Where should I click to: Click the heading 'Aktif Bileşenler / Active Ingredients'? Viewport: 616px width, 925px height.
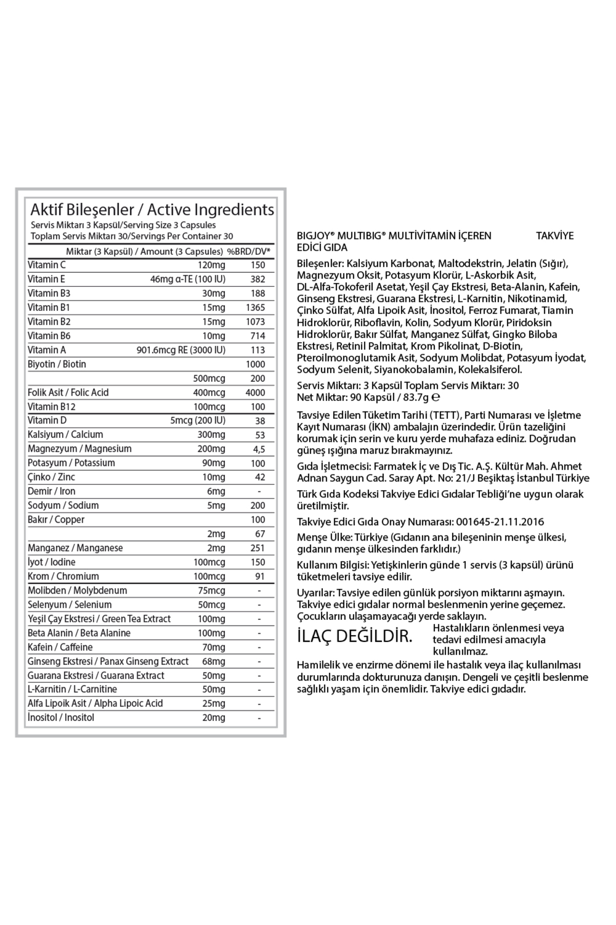point(152,210)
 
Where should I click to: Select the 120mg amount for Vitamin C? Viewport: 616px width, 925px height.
point(211,265)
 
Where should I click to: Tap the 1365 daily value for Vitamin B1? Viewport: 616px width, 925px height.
point(256,307)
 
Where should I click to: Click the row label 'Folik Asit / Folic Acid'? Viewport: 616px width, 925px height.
point(68,393)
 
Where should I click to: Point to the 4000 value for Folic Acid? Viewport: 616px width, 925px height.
point(256,393)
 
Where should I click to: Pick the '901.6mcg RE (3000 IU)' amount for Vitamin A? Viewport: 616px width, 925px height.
point(181,350)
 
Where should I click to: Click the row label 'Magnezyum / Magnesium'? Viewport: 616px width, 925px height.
point(80,449)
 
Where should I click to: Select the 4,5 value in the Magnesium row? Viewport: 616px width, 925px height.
point(259,449)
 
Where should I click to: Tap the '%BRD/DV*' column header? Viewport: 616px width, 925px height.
point(249,251)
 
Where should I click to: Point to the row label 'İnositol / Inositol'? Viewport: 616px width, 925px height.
point(61,718)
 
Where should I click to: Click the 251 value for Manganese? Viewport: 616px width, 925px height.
point(258,548)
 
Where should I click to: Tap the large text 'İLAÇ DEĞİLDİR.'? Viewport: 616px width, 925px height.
point(355,636)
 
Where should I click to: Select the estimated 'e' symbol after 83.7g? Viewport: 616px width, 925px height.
point(436,397)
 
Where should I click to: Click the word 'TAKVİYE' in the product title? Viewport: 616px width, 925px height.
point(555,236)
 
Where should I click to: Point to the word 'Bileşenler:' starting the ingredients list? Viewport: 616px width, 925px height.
point(320,264)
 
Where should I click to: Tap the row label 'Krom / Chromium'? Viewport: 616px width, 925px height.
point(63,577)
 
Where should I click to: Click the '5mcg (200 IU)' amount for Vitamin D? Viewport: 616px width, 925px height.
point(198,420)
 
